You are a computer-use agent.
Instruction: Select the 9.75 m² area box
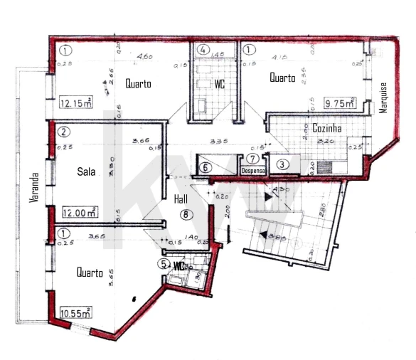tap(340, 102)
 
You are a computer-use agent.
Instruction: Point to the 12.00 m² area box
tap(80, 212)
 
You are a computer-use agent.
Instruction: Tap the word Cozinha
tap(328, 128)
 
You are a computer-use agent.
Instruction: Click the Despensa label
tap(254, 170)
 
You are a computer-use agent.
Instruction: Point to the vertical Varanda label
tap(33, 189)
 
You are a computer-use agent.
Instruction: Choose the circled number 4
tap(204, 51)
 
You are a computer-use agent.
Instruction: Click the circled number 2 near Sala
tap(64, 132)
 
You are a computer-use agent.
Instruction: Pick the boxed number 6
tap(206, 167)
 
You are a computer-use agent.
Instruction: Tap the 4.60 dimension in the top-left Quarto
tap(144, 57)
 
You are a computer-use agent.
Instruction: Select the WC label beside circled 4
tap(220, 83)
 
